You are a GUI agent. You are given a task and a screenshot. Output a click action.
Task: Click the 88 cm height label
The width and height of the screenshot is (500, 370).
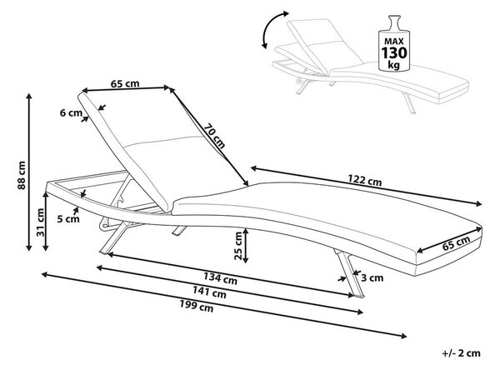[22, 176]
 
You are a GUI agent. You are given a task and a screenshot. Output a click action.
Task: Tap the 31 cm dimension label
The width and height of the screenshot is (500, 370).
[41, 222]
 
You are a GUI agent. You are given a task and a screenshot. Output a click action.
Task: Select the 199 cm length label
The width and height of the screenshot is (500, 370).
[196, 306]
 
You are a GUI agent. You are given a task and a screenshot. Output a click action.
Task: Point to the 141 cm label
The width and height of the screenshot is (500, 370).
[209, 292]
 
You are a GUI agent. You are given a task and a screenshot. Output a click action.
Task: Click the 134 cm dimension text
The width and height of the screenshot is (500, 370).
[220, 278]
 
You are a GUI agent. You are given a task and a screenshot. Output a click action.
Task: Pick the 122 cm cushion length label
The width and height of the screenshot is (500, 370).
[364, 180]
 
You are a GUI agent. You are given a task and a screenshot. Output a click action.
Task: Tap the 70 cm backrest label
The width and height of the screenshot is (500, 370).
[215, 136]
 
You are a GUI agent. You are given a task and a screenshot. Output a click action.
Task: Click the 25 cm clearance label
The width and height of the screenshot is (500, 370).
[238, 246]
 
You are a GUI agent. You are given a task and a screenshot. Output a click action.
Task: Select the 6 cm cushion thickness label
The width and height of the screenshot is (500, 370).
[71, 112]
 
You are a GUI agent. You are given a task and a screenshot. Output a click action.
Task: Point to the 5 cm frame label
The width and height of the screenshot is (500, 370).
[68, 219]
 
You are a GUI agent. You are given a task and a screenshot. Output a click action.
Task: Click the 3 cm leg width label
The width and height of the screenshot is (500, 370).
[372, 278]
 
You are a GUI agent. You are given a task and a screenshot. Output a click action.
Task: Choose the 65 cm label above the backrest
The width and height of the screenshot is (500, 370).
[125, 83]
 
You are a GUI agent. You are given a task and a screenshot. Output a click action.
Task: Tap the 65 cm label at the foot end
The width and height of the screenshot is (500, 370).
[457, 243]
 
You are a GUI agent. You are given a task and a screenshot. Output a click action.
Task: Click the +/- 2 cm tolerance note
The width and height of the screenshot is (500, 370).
[461, 353]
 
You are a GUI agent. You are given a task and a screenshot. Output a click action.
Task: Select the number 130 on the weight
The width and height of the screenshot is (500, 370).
[394, 53]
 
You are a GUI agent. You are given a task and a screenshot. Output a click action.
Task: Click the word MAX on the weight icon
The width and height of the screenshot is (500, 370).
[394, 41]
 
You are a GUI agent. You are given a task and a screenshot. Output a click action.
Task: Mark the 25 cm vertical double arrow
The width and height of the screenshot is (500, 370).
[246, 245]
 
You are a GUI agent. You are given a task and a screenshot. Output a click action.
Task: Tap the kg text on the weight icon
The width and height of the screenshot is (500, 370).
[394, 65]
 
